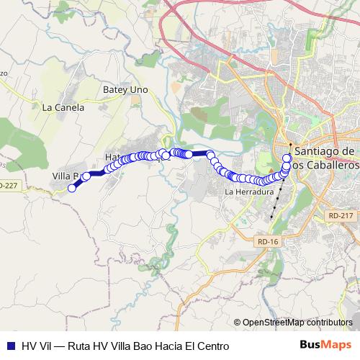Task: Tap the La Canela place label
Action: pyautogui.click(x=63, y=108)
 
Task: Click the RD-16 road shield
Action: pyautogui.click(x=266, y=242)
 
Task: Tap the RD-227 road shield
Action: pyautogui.click(x=7, y=185)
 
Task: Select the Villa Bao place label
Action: pyautogui.click(x=68, y=175)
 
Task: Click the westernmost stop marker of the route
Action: pyautogui.click(x=71, y=189)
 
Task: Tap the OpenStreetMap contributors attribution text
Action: pyautogui.click(x=297, y=322)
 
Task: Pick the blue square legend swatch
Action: pyautogui.click(x=10, y=346)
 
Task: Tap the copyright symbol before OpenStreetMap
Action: pyautogui.click(x=237, y=322)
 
